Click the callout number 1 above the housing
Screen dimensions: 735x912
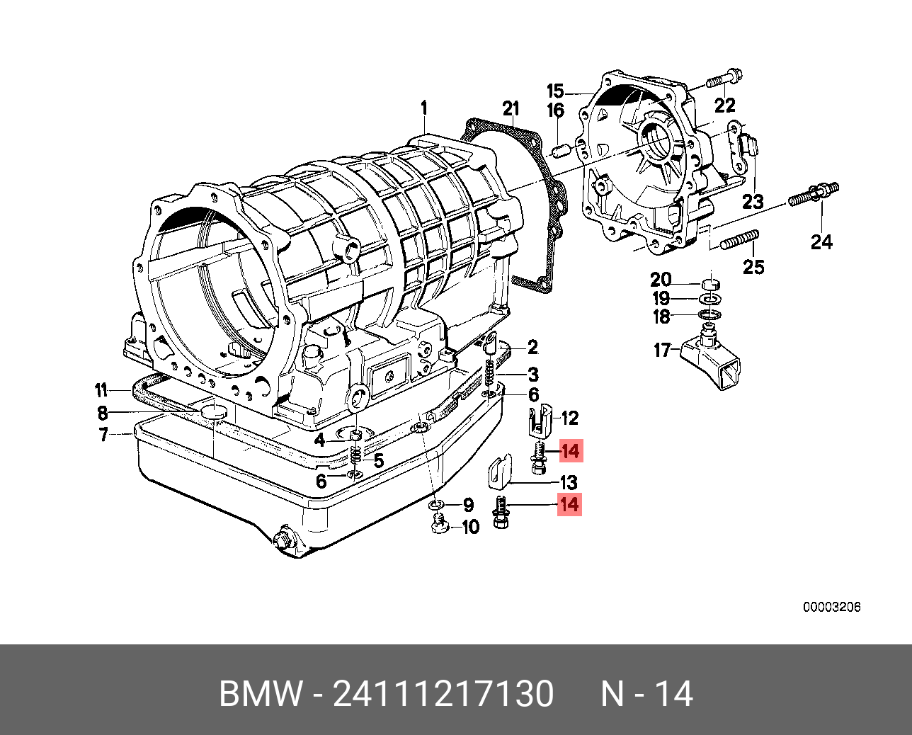coord(423,108)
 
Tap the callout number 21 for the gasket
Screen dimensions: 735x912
coord(511,108)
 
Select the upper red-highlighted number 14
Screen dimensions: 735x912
coord(570,451)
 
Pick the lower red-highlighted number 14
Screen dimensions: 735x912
coord(569,505)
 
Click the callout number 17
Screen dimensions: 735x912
coord(661,351)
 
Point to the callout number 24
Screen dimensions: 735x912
coord(821,242)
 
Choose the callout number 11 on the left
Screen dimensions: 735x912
coord(101,390)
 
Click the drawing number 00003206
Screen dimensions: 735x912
coord(831,608)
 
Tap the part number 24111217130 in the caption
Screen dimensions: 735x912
coord(443,694)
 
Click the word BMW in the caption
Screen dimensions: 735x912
coord(260,694)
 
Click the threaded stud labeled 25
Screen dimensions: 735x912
coord(739,240)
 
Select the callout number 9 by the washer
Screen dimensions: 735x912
coord(468,505)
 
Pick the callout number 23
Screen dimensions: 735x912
coord(752,203)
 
